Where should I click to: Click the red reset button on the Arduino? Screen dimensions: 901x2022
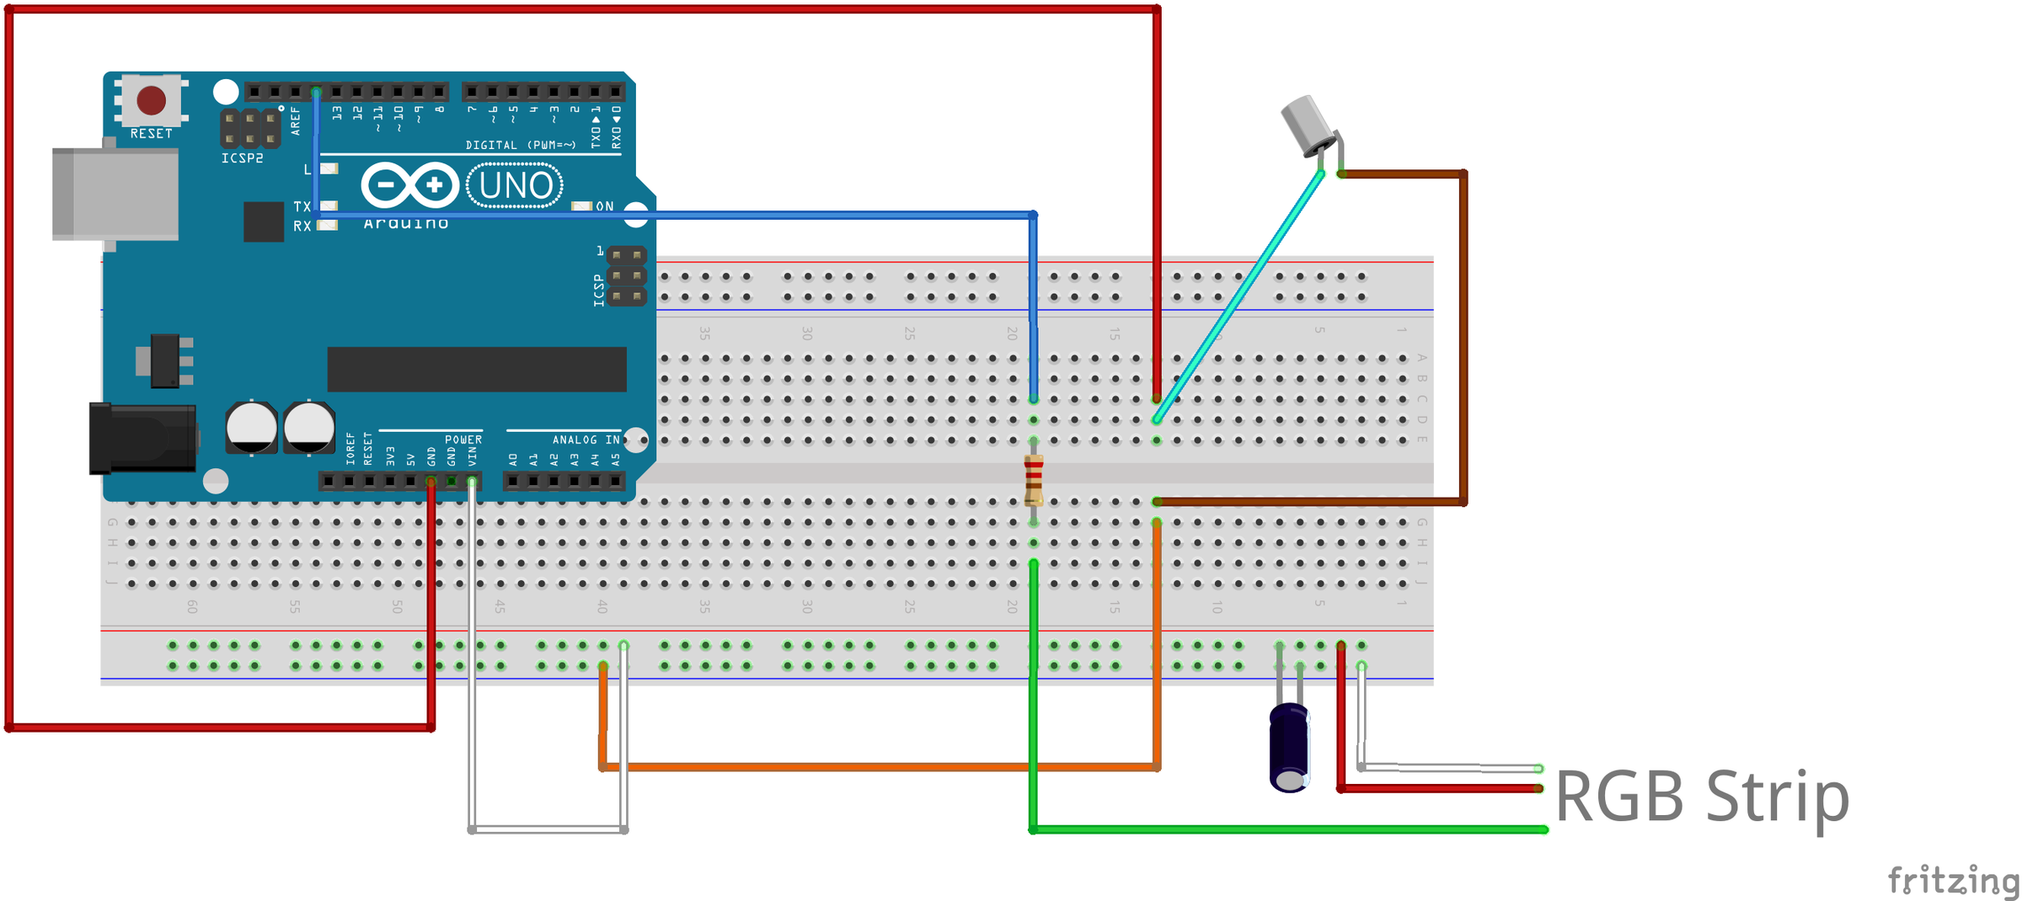coord(151,100)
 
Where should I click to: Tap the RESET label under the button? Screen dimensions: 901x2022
coord(151,134)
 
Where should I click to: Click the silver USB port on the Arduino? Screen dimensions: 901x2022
coord(115,194)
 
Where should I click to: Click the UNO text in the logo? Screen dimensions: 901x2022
coord(515,186)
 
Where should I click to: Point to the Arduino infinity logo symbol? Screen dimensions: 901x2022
coord(409,184)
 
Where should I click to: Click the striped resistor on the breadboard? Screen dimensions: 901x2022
coord(1033,480)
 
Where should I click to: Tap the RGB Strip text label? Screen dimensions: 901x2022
coord(1701,797)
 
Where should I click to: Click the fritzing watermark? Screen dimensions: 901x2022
coord(1952,881)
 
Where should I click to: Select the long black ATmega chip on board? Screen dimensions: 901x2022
coord(476,369)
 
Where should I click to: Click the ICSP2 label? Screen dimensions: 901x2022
coord(242,158)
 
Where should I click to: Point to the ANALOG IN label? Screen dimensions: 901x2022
coord(586,440)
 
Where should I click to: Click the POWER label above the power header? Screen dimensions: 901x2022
coord(463,440)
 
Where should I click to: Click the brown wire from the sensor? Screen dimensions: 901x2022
coord(1463,337)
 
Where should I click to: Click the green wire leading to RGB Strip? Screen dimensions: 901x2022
coord(1289,829)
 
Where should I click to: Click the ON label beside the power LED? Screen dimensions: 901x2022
coord(605,206)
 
